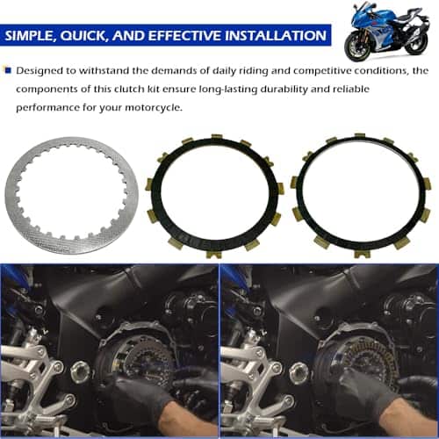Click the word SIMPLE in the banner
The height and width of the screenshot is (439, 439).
pyautogui.click(x=29, y=35)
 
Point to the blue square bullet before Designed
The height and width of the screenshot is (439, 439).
pyautogui.click(x=8, y=70)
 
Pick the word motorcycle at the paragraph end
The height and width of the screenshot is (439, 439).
pyautogui.click(x=154, y=108)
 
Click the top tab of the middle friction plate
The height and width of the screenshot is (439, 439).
pyautogui.click(x=217, y=137)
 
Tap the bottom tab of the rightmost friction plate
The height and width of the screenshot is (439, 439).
pyautogui.click(x=363, y=254)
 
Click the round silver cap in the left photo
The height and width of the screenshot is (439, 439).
pyautogui.click(x=80, y=371)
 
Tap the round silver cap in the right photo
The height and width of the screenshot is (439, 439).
pyautogui.click(x=299, y=372)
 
